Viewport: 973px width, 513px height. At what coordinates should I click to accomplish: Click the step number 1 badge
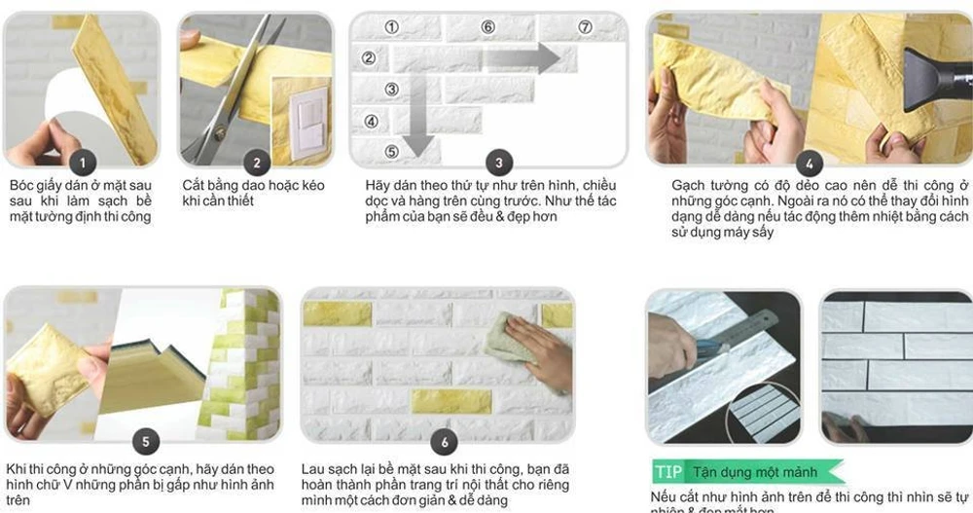(83, 163)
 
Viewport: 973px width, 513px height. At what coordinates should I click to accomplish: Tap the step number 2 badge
(256, 164)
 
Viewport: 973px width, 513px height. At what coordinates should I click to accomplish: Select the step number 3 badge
(499, 163)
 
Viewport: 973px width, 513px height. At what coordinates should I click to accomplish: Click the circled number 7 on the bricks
(585, 27)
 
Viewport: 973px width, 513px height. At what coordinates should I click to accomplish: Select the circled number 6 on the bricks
(487, 27)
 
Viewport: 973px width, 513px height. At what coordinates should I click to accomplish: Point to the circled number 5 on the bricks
(392, 151)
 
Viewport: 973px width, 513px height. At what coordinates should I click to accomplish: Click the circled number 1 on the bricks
(392, 27)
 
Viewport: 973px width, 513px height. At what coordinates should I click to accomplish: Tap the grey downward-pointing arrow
(418, 117)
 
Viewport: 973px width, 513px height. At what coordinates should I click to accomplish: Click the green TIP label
(668, 472)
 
